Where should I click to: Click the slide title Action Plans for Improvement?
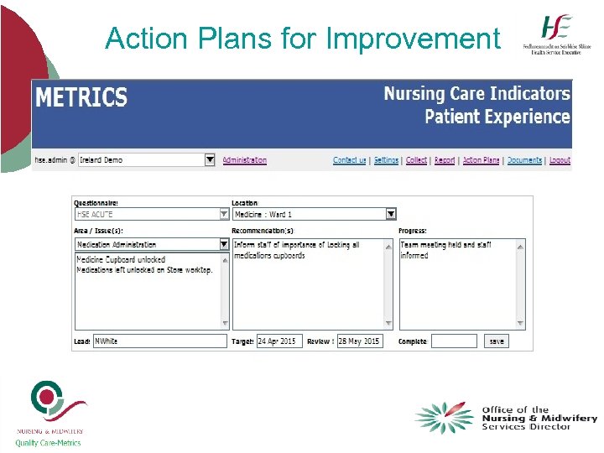(x=302, y=39)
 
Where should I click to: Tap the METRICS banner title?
(x=81, y=98)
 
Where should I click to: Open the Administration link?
(x=244, y=160)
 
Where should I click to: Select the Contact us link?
(x=349, y=160)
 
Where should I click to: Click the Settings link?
(x=386, y=160)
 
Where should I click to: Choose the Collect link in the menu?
(x=416, y=160)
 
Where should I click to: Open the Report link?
(x=445, y=160)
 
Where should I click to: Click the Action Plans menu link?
(x=481, y=160)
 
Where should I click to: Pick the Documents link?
(x=524, y=160)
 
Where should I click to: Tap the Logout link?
(x=560, y=160)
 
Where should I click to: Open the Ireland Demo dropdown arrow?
(x=210, y=159)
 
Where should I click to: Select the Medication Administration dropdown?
(x=152, y=244)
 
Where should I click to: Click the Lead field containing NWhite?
(x=159, y=341)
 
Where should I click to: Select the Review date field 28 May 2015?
(x=359, y=341)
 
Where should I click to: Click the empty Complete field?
(x=454, y=341)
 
